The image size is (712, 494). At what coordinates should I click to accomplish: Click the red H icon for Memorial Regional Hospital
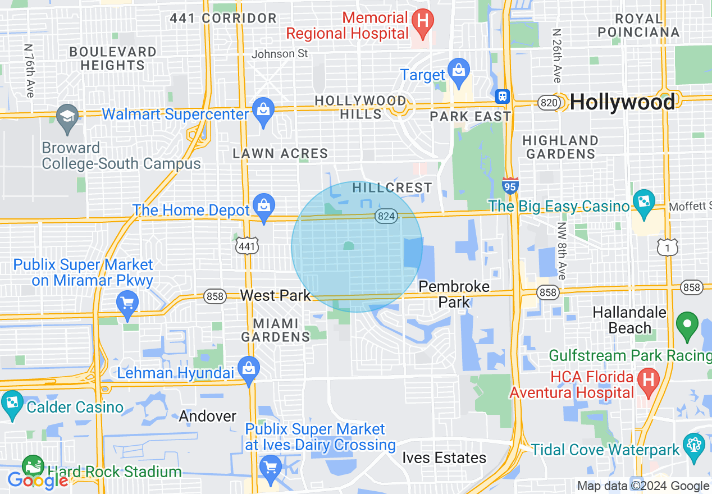pyautogui.click(x=423, y=21)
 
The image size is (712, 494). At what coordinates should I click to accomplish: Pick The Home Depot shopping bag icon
pyautogui.click(x=263, y=205)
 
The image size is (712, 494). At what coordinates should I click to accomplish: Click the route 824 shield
pyautogui.click(x=387, y=216)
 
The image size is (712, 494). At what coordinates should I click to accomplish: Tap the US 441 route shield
pyautogui.click(x=248, y=246)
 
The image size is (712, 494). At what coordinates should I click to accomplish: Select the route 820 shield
pyautogui.click(x=547, y=103)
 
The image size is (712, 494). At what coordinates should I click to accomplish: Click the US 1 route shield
pyautogui.click(x=668, y=246)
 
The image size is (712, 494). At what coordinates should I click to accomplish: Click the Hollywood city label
pyautogui.click(x=622, y=103)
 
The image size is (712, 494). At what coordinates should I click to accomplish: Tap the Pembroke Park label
pyautogui.click(x=454, y=294)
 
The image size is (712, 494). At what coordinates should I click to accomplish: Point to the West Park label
pyautogui.click(x=275, y=295)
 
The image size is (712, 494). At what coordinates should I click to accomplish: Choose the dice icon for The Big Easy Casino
pyautogui.click(x=644, y=201)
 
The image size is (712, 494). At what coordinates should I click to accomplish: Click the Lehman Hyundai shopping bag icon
pyautogui.click(x=248, y=368)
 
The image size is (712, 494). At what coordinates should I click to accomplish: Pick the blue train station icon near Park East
pyautogui.click(x=502, y=96)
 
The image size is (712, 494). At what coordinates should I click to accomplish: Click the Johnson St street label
pyautogui.click(x=280, y=54)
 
